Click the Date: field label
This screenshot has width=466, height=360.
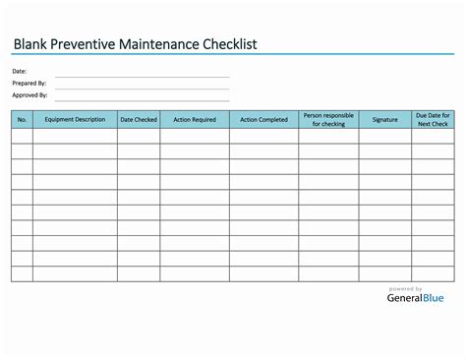(x=20, y=72)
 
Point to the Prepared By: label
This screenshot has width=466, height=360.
(x=29, y=84)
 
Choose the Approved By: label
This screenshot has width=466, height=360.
(x=29, y=95)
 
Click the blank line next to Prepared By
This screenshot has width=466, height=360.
(x=142, y=88)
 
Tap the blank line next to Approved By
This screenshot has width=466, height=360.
(x=142, y=99)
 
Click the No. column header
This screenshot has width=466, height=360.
(x=22, y=120)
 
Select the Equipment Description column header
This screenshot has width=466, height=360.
(x=75, y=120)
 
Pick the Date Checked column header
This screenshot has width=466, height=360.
(x=139, y=120)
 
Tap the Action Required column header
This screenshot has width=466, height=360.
(x=195, y=120)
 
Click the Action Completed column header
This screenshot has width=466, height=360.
(x=263, y=120)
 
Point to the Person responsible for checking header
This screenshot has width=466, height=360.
(x=328, y=120)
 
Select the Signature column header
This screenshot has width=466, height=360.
(x=385, y=120)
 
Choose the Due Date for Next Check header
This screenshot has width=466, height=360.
(x=433, y=120)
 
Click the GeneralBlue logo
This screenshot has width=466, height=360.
(x=414, y=298)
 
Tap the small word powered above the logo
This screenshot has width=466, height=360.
(x=405, y=288)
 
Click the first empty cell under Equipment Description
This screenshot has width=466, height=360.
(x=75, y=137)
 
